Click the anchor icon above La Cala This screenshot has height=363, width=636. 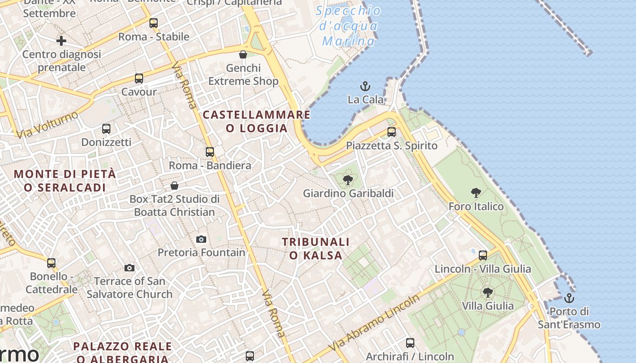point(365,86)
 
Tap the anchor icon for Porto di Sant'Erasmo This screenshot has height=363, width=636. point(569,298)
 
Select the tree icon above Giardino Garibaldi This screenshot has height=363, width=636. point(348,180)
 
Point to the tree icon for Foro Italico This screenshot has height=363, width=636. point(476,193)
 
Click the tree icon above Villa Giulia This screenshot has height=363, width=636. point(488,292)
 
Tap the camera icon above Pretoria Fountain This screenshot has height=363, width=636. point(201,239)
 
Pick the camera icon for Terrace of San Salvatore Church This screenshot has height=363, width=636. point(129,268)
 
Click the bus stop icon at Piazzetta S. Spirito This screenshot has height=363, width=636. point(392,132)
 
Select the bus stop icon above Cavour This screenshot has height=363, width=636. point(139,78)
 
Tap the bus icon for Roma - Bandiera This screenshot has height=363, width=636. point(210,152)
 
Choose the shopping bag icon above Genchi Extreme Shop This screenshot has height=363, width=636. point(243,55)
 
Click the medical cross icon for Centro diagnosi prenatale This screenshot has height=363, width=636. point(61,41)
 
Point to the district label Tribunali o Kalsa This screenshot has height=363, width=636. point(316,249)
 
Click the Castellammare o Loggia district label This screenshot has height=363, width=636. point(257,121)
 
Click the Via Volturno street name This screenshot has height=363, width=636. point(48,124)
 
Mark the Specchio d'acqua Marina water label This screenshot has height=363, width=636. point(348,26)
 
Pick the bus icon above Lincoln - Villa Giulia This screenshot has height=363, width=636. point(483,255)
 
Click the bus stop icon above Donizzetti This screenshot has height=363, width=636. point(106,129)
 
